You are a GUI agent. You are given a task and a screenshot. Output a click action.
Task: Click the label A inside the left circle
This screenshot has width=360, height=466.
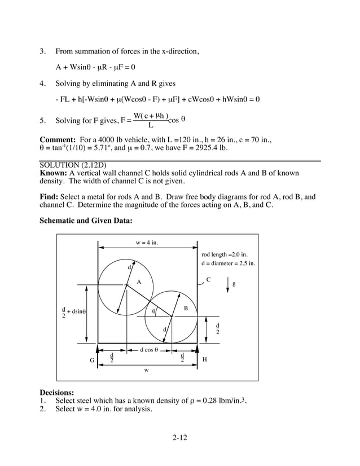[x=138, y=282]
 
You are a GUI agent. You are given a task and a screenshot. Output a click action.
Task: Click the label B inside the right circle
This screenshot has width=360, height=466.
[x=186, y=307]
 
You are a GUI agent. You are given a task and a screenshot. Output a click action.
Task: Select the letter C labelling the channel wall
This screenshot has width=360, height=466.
[x=208, y=279]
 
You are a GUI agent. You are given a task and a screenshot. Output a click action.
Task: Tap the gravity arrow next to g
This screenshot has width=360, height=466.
[x=227, y=284]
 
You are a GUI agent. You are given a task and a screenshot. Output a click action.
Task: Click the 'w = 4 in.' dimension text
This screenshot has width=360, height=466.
[x=147, y=243]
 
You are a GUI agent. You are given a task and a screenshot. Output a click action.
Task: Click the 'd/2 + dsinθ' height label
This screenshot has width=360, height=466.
[x=73, y=311]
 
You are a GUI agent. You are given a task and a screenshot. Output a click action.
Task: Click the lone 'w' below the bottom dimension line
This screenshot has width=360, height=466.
[x=147, y=371]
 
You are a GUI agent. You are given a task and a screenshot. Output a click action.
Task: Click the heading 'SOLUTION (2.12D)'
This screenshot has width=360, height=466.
[x=70, y=164]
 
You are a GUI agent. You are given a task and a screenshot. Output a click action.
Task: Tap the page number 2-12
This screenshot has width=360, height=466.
[x=179, y=438]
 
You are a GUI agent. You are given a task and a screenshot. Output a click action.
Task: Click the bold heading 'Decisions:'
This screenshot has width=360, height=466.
[x=56, y=392]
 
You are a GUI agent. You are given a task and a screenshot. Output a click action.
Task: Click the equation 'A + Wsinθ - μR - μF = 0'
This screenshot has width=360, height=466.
[x=95, y=68]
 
